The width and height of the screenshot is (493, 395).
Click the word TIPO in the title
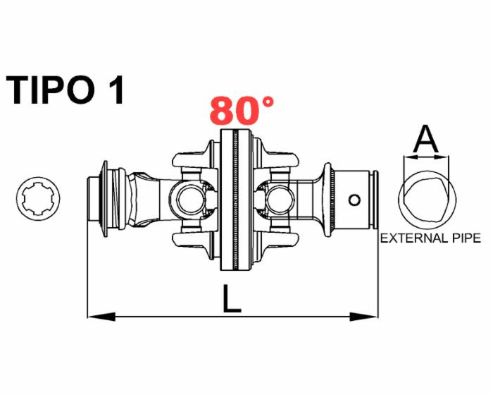click(x=53, y=90)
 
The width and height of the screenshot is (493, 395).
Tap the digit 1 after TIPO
click(x=116, y=90)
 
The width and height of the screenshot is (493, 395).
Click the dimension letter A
click(x=425, y=140)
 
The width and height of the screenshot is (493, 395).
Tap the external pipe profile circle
click(x=424, y=200)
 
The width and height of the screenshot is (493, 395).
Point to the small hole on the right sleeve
click(x=356, y=200)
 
